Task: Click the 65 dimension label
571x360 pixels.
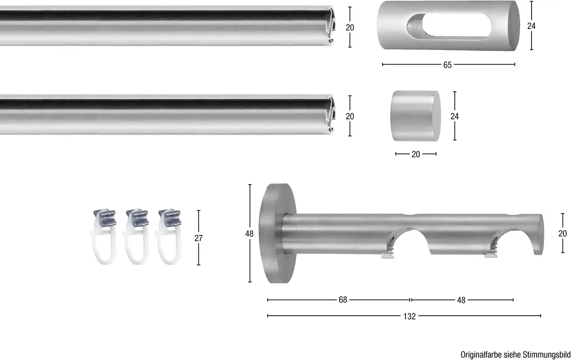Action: [447, 65]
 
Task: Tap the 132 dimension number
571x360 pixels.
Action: [409, 316]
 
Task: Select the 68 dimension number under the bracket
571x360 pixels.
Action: [343, 300]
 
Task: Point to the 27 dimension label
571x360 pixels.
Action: [198, 238]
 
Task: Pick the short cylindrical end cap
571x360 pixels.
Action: [415, 116]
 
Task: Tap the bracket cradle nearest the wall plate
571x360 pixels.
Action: [404, 238]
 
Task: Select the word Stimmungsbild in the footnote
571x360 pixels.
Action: [547, 354]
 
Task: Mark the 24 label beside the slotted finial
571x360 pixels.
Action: [532, 27]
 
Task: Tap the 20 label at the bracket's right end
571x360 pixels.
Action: [562, 234]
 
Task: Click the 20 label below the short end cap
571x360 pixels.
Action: [415, 154]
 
